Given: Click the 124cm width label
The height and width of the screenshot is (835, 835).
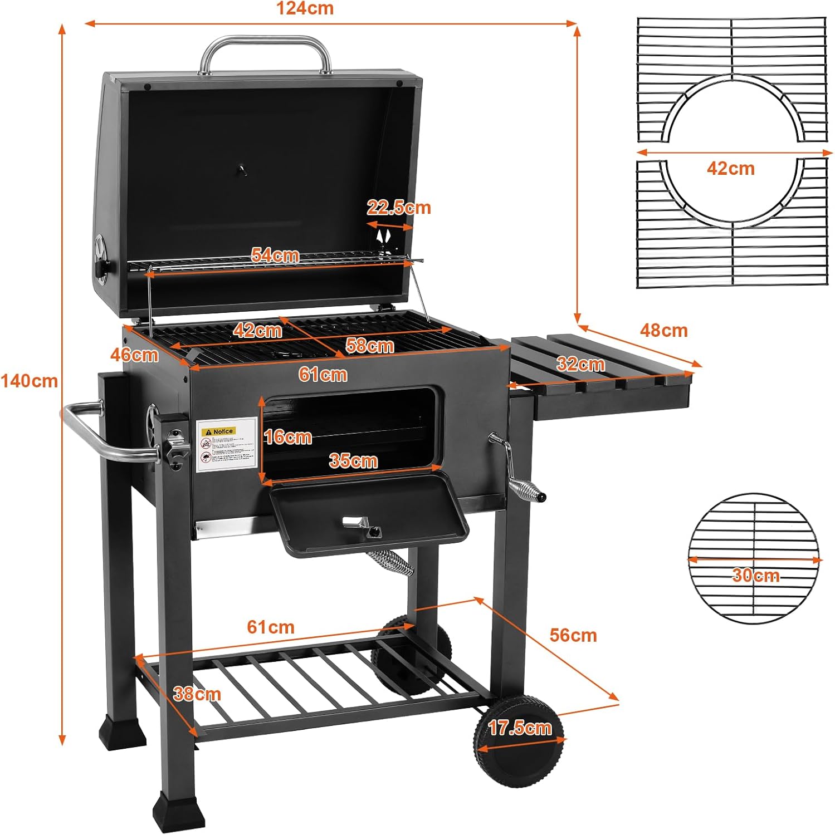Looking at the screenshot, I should tap(305, 8).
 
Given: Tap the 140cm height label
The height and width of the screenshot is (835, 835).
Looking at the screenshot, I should tap(29, 381).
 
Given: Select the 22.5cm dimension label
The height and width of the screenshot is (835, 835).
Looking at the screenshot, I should tap(398, 208).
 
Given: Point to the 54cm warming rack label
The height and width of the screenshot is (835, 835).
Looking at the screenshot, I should tap(275, 255).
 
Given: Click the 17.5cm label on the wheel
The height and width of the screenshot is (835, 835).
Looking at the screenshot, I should tap(519, 728).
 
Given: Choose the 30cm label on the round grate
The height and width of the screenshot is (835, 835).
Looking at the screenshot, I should tap(755, 575).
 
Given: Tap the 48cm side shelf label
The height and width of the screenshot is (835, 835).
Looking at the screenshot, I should tap(663, 330).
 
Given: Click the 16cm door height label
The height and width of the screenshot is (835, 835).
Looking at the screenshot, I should tap(287, 437).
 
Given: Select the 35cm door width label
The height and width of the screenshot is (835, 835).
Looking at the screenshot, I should tap(353, 461).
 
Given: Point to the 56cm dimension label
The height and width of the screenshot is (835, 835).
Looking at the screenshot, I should tap(573, 635).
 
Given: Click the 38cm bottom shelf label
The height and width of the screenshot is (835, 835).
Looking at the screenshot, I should tap(197, 694).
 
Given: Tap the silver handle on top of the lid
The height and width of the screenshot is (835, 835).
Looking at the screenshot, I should tap(265, 47).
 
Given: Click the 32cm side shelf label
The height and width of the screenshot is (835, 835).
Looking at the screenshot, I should tap(580, 365).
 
